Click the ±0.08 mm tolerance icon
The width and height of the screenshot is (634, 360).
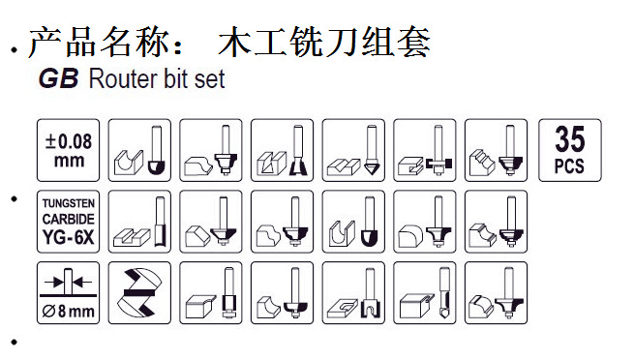(68, 150)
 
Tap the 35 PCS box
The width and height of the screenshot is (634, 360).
(570, 150)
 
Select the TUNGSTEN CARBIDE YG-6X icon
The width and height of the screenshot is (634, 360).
(68, 222)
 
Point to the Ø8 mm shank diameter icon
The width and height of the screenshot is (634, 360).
(68, 293)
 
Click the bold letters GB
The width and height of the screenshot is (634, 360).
(59, 78)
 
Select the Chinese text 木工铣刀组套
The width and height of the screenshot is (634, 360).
(324, 42)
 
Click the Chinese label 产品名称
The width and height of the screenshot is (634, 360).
(99, 42)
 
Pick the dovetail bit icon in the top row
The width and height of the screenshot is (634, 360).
(283, 150)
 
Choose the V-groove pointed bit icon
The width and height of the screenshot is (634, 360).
(353, 150)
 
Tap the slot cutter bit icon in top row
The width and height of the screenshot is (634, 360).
(425, 150)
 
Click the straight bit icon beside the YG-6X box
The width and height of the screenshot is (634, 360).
(139, 222)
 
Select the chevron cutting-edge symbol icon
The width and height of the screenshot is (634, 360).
(139, 293)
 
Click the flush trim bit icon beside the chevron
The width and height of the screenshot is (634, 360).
(211, 293)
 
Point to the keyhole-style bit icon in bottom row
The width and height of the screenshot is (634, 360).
(353, 293)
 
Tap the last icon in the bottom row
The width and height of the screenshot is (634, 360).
(497, 293)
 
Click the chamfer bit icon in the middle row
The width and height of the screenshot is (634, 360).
(211, 222)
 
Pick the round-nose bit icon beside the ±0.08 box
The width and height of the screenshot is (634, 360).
(139, 150)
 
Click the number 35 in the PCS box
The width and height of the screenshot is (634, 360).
(570, 138)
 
